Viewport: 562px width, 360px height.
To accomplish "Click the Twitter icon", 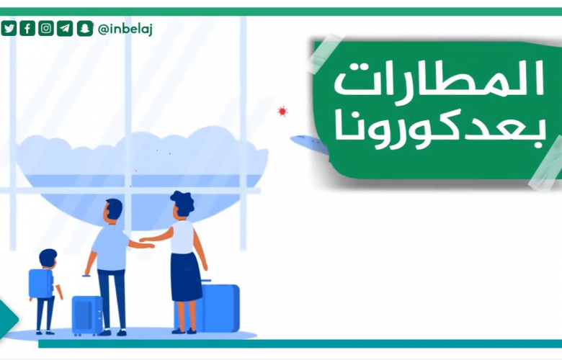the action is (9, 28).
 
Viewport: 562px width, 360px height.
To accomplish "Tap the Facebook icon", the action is (27, 28).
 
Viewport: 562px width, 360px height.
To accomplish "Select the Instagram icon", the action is (46, 28).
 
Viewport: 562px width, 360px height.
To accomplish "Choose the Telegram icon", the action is (65, 28).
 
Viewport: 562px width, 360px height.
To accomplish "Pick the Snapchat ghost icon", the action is (85, 28).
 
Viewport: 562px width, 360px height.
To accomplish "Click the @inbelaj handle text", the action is (125, 29).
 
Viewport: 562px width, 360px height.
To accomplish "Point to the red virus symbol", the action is (282, 112).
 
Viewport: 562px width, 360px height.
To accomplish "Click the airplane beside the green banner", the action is (309, 144).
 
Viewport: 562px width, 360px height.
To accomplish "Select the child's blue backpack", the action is (41, 284).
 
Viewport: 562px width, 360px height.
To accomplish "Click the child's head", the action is (48, 258).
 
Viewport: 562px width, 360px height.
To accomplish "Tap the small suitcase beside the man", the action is (87, 315).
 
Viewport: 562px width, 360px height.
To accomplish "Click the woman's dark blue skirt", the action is (186, 277).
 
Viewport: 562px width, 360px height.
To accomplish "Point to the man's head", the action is (113, 211).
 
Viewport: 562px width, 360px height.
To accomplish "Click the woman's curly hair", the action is (183, 203).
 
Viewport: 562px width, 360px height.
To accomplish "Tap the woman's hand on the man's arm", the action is (143, 240).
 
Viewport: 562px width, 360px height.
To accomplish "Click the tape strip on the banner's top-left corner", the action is (325, 54).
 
